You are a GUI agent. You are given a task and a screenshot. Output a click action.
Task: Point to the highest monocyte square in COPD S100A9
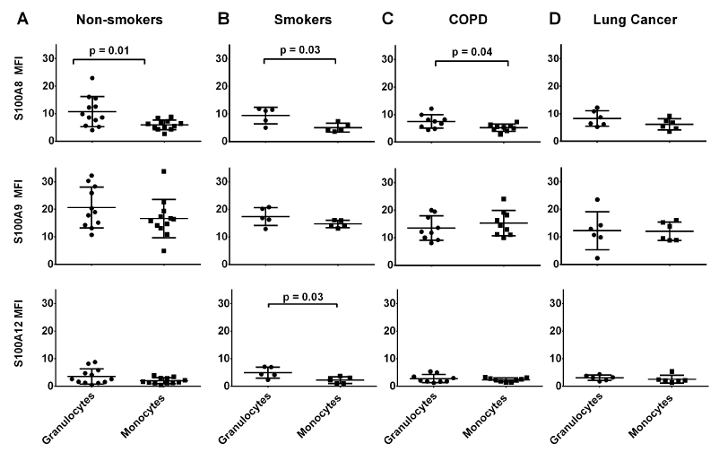click(504, 199)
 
